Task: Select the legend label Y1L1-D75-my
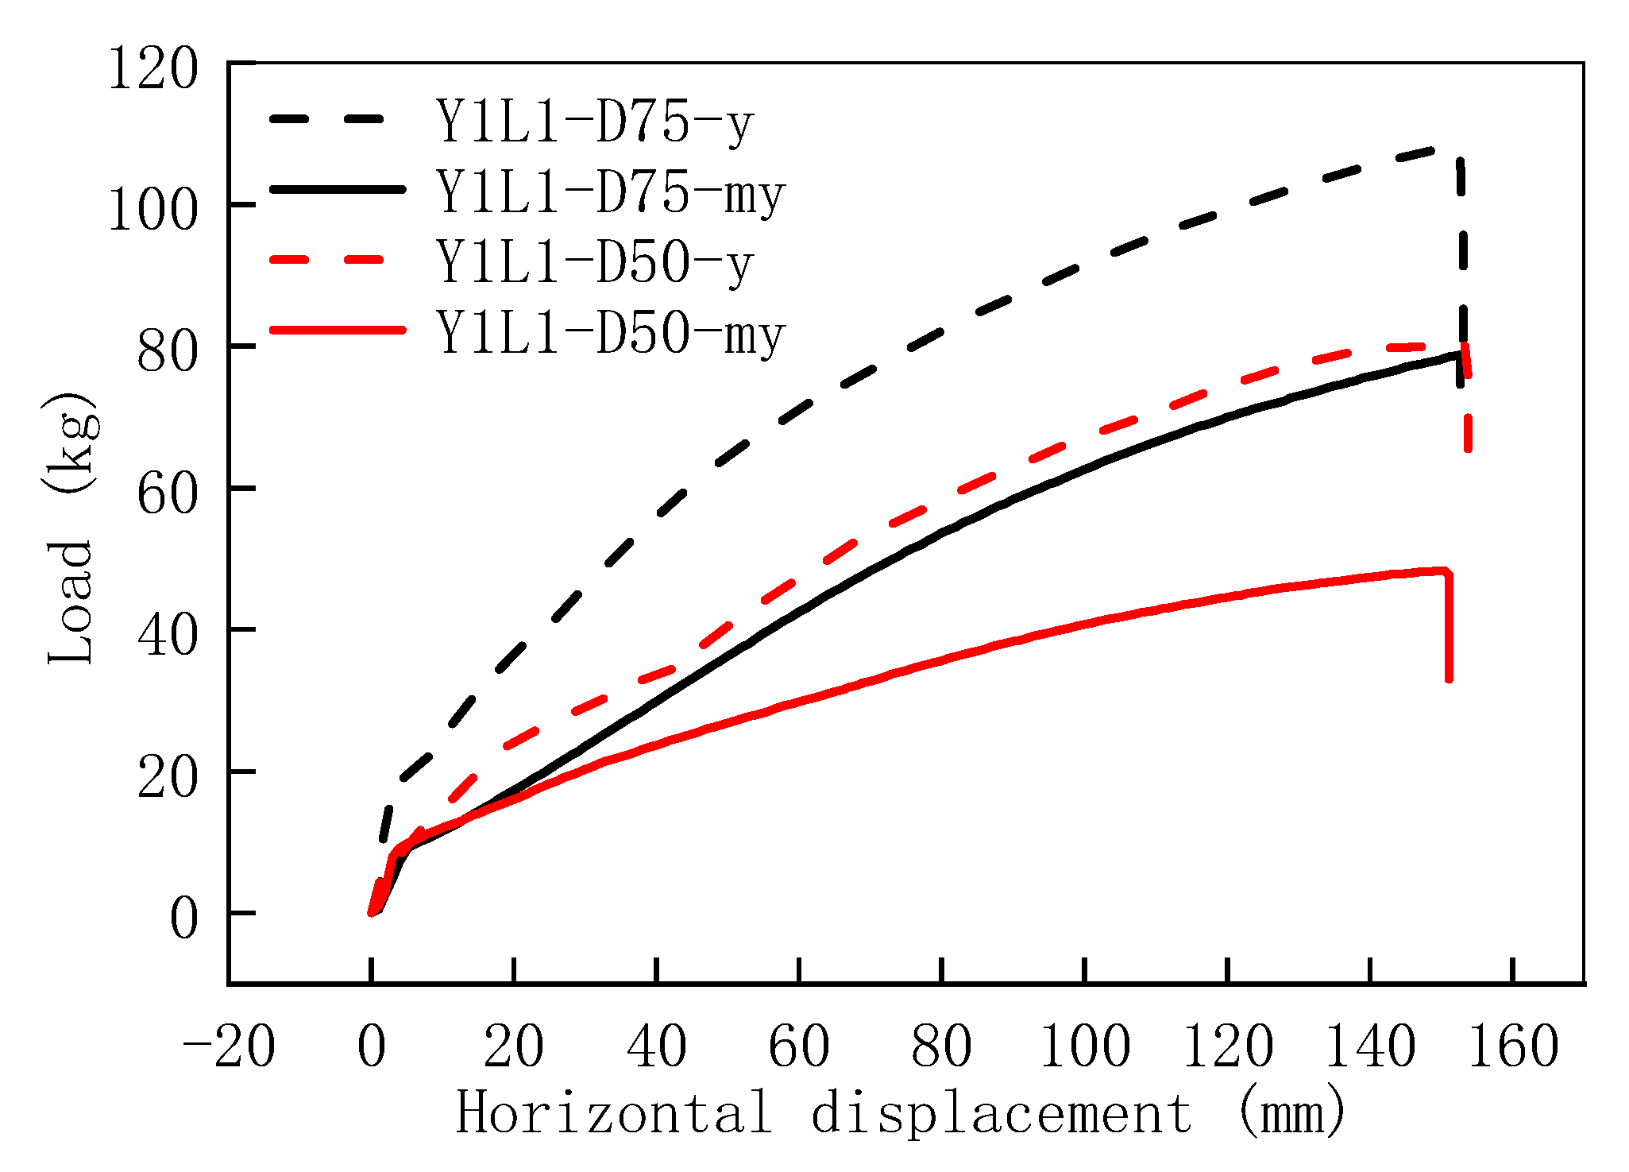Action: tap(611, 193)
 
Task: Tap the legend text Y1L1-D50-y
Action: tap(594, 263)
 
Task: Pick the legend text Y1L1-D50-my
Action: tap(611, 333)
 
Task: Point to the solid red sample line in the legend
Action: tap(338, 329)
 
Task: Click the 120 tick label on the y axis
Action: tap(152, 70)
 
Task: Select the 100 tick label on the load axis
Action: tap(152, 211)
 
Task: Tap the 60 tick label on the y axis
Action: tap(166, 495)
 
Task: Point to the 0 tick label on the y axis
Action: tap(183, 920)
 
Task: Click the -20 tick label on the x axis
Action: tap(229, 1046)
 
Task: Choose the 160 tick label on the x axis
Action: tap(1513, 1046)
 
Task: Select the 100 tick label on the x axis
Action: tap(1084, 1046)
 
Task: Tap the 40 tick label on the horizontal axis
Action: tap(656, 1046)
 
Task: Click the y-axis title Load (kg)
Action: tap(71, 528)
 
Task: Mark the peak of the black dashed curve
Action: tap(1434, 149)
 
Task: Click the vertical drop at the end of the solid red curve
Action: tap(1450, 628)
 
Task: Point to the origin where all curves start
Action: tap(371, 913)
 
